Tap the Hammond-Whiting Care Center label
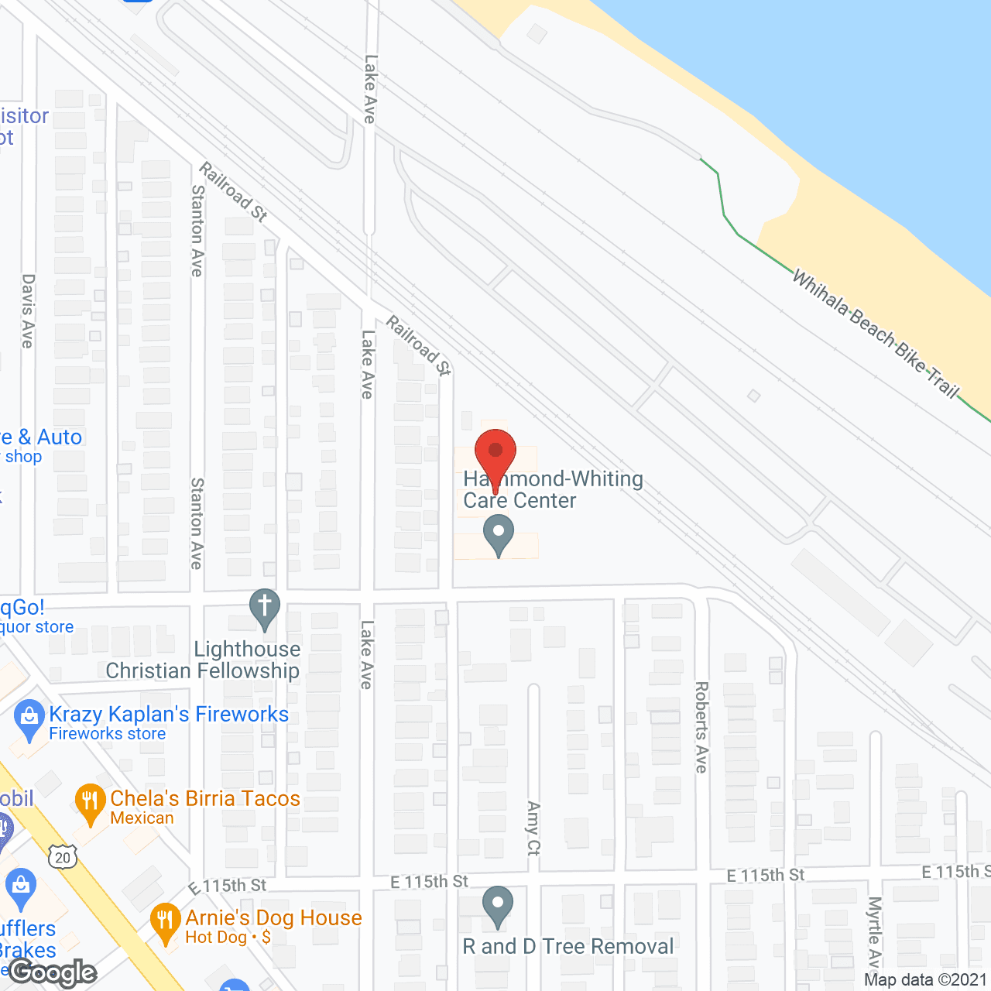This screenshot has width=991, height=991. (x=553, y=490)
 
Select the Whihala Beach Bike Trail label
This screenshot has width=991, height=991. (x=876, y=334)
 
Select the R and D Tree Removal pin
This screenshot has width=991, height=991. (x=498, y=905)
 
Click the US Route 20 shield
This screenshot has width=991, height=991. (x=63, y=857)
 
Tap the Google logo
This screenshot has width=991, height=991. (x=53, y=972)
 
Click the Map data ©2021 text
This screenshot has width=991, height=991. (x=925, y=980)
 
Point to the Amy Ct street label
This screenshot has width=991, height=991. (x=533, y=828)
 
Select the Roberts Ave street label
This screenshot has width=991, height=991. (x=701, y=727)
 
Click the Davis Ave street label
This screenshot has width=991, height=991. (x=28, y=310)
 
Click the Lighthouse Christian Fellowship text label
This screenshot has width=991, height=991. (x=203, y=660)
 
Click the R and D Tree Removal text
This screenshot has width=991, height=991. (x=568, y=947)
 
